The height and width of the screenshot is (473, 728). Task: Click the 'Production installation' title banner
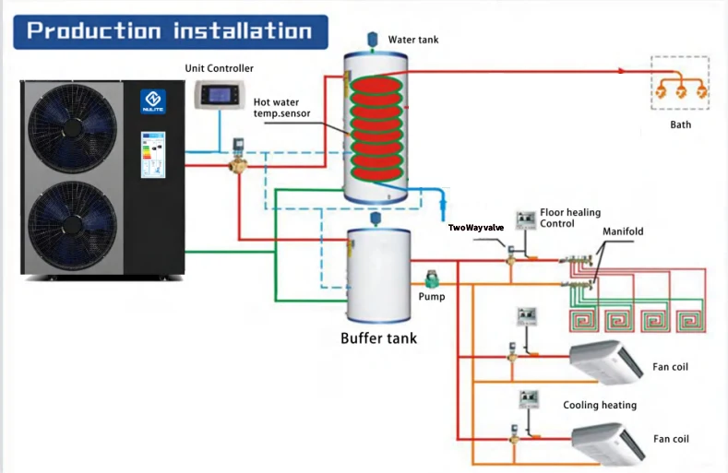coord(170,30)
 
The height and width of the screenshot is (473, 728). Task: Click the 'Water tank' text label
coord(413,40)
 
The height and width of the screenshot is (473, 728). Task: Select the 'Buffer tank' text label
coord(378,337)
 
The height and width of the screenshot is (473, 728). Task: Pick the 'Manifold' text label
coord(623,231)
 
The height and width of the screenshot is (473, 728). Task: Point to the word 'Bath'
coord(680,124)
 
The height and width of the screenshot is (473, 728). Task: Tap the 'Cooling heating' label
coord(600,405)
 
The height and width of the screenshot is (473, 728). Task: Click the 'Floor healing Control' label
coord(570,218)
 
